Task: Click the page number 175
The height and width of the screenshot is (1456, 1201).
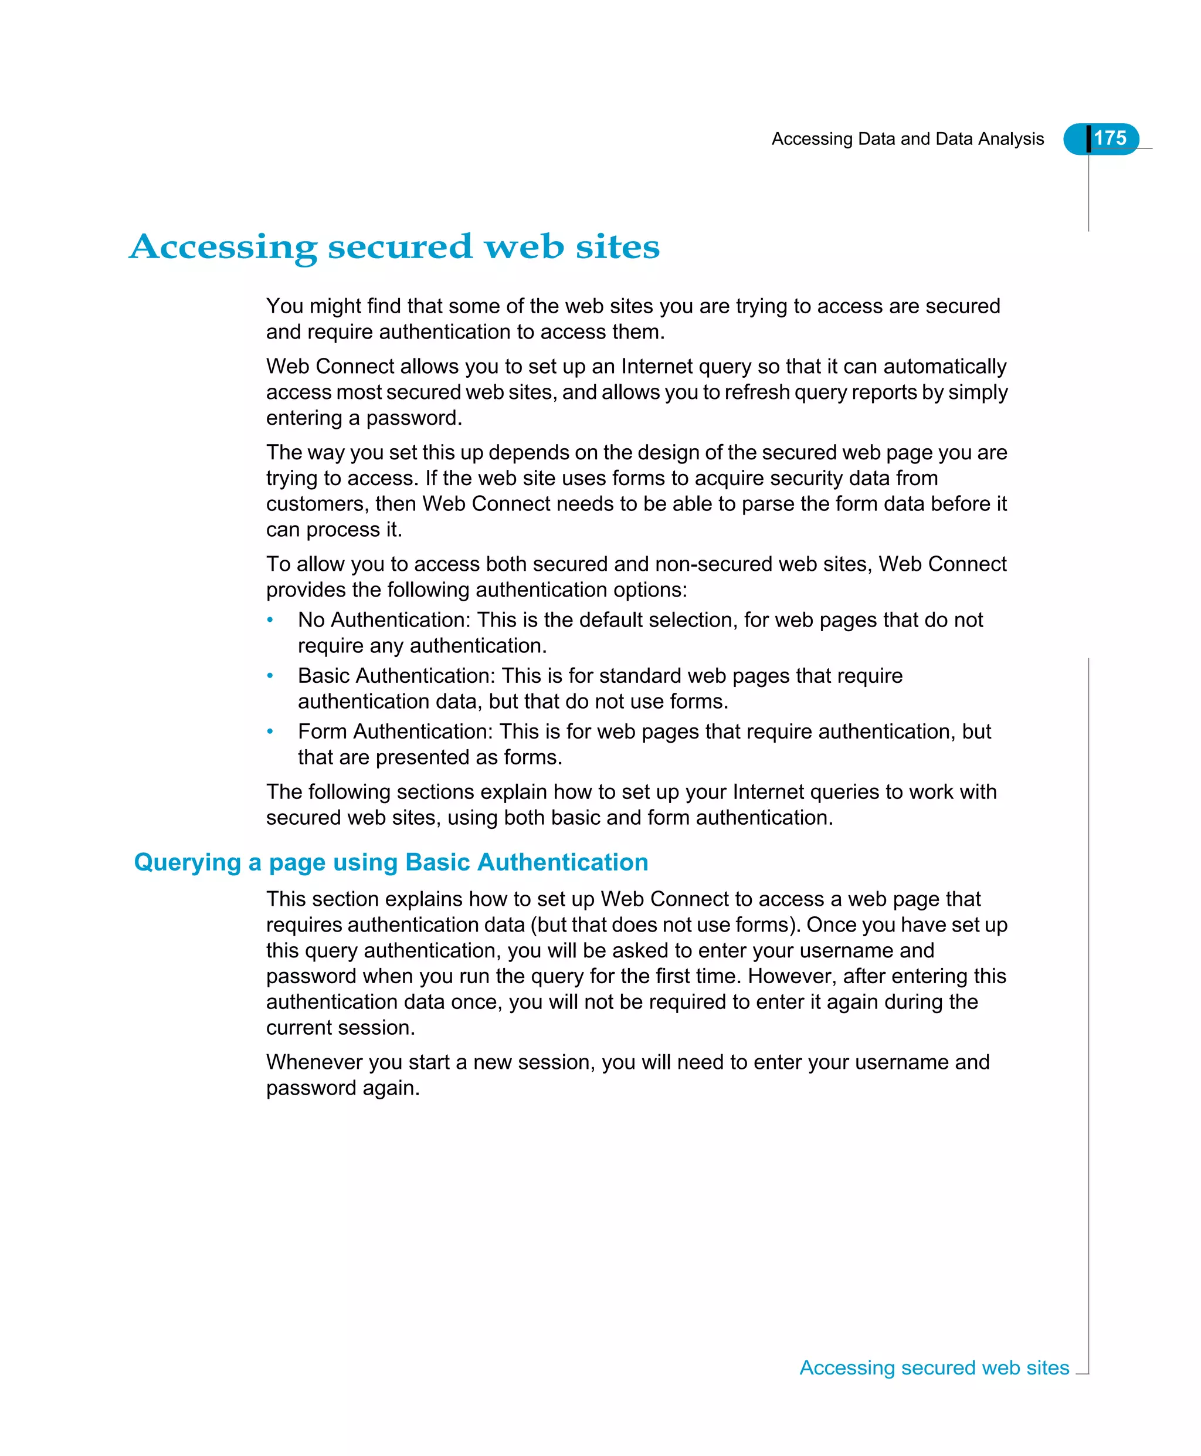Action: [x=1110, y=138]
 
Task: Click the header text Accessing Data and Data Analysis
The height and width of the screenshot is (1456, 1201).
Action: [x=907, y=139]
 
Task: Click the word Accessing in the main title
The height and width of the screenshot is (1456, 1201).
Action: [x=223, y=247]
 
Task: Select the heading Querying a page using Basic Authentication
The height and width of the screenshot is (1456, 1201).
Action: [x=391, y=862]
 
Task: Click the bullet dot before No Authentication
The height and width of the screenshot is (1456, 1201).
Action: [x=270, y=620]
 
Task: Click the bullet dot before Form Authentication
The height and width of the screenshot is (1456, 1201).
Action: [x=270, y=732]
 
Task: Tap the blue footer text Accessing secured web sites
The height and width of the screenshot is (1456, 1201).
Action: [x=934, y=1368]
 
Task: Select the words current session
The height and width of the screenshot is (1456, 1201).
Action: [x=340, y=1028]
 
